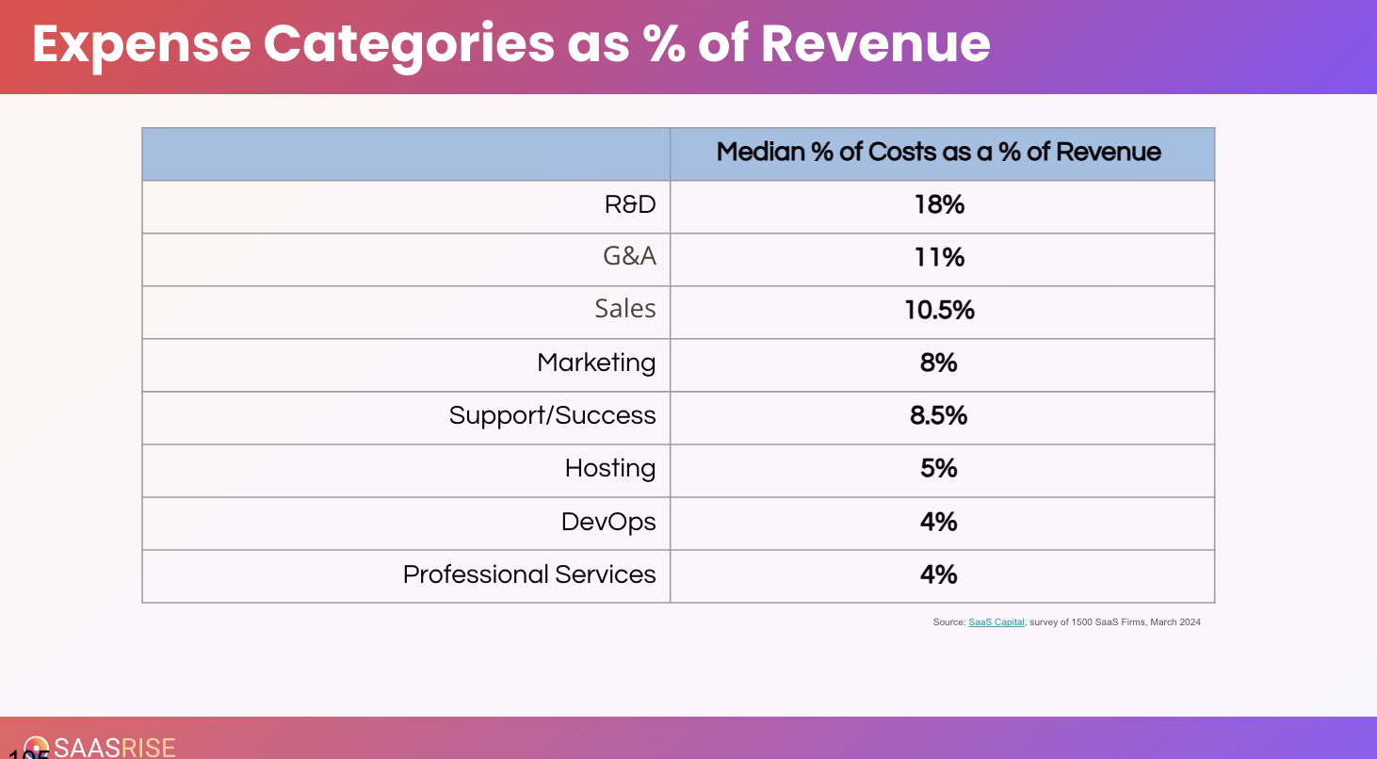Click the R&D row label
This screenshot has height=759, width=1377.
629,204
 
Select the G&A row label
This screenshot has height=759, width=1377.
629,257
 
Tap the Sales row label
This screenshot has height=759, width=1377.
624,309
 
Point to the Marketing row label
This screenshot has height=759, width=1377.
596,363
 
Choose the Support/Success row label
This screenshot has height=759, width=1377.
552,415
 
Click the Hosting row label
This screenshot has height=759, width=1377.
610,468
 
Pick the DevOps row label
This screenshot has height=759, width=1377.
608,521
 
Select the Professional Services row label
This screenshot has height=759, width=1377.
529,573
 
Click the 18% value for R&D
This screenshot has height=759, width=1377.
939,204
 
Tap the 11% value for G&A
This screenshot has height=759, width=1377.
939,257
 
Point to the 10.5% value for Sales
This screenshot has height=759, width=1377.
939,310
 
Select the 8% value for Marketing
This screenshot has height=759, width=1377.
939,363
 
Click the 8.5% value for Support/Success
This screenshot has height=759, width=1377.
939,415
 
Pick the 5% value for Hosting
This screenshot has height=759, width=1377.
939,468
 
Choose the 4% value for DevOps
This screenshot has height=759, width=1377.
939,521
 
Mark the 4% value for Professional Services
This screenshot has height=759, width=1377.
939,573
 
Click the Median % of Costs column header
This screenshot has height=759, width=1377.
939,152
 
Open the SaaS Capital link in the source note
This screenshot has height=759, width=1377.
996,622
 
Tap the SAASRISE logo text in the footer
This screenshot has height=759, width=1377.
114,748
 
